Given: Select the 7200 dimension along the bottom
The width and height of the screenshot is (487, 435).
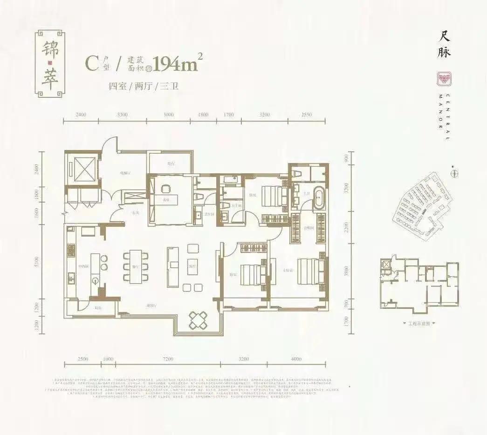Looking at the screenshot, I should tap(168, 359).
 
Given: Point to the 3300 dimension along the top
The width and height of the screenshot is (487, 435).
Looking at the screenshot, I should tap(123, 114).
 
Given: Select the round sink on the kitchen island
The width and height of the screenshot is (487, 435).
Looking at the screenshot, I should tap(96, 280).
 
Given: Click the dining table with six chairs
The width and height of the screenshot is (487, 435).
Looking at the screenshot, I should tap(136, 266).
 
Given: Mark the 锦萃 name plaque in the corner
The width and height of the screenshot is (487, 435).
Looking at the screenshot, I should tap(49, 64).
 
